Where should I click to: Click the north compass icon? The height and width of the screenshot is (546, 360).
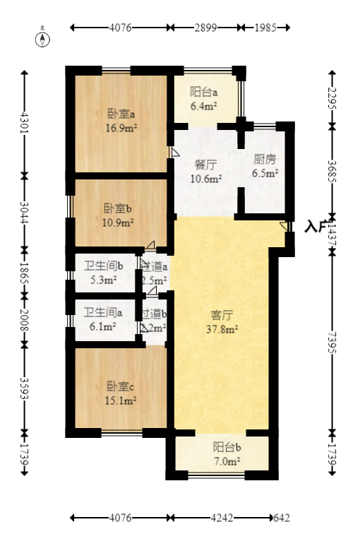point(44,37)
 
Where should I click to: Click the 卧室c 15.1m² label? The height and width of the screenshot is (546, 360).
point(121,393)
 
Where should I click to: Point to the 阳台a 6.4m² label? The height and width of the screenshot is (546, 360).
point(203,100)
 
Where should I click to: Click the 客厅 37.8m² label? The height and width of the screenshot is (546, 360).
point(222,322)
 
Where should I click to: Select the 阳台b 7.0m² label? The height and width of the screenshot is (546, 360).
point(227,453)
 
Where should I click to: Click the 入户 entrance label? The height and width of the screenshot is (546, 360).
point(315,227)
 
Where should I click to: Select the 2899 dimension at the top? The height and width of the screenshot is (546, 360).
point(204,28)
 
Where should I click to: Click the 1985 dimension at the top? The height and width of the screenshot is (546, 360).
point(263,28)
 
